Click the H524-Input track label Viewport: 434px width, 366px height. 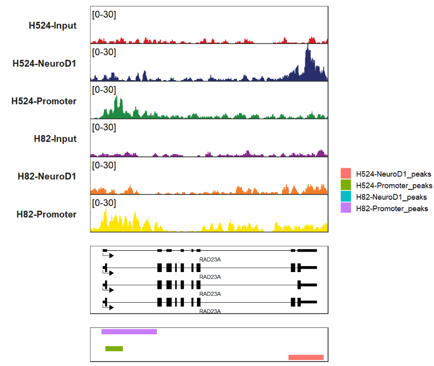[x=52, y=25]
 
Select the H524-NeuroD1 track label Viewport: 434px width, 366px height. [x=45, y=63]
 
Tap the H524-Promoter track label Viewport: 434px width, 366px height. [x=44, y=101]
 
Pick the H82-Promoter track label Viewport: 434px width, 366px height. [x=47, y=214]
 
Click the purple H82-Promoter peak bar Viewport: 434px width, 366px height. [x=129, y=331]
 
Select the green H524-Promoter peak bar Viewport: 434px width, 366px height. [x=114, y=349]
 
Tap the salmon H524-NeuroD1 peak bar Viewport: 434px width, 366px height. [x=306, y=357]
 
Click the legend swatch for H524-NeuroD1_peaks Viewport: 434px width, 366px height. [x=346, y=174]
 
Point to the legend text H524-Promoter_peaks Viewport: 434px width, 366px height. [x=394, y=185]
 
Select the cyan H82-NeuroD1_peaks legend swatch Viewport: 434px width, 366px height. [x=346, y=197]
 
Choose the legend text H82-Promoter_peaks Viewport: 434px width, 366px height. [x=392, y=208]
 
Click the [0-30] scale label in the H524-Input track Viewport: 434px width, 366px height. [x=104, y=14]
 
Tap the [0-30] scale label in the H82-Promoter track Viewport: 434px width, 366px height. [x=104, y=203]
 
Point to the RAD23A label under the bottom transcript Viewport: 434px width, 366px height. [x=209, y=311]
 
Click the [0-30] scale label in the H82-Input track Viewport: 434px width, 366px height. [x=104, y=128]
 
